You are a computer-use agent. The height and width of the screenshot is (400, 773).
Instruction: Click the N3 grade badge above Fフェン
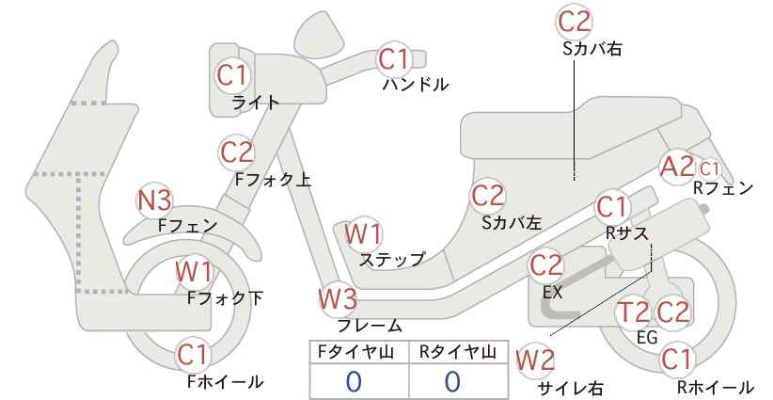(x=154, y=200)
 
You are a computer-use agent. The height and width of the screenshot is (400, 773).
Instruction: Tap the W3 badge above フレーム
(x=338, y=299)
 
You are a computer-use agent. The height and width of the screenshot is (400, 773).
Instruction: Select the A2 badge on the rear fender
(x=678, y=167)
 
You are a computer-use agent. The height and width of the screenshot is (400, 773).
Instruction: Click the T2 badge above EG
(x=634, y=312)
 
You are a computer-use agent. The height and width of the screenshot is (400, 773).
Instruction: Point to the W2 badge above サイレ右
(x=535, y=360)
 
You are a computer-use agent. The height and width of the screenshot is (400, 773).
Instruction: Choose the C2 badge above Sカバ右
(x=575, y=22)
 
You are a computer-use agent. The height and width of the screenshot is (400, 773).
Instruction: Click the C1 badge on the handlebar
(x=394, y=59)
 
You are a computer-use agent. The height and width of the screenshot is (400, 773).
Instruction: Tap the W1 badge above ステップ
(x=363, y=233)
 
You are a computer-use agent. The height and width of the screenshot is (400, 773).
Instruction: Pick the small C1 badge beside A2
(x=710, y=169)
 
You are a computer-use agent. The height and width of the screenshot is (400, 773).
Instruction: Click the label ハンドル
(x=416, y=85)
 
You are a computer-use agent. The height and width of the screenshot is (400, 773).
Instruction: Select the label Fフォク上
(x=273, y=179)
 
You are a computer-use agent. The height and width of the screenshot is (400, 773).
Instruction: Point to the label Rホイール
(x=716, y=387)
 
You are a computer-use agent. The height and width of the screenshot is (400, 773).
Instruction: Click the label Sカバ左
(x=512, y=223)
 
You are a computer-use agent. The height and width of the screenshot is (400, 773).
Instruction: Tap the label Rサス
(x=626, y=232)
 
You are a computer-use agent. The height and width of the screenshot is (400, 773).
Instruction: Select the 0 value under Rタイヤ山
(x=453, y=381)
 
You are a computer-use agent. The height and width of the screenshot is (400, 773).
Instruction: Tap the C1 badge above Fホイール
(x=195, y=355)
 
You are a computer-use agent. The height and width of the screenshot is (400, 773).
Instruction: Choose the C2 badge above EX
(x=545, y=265)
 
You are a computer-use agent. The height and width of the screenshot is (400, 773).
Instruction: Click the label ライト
(x=256, y=103)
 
